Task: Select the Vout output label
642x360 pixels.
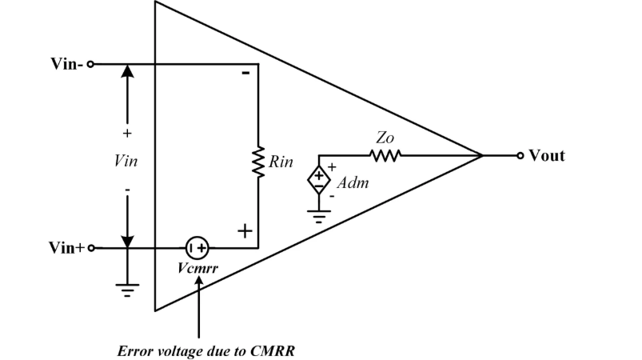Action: [x=547, y=155]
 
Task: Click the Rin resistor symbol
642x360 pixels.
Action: [x=258, y=162]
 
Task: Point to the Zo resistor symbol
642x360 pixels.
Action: [x=385, y=155]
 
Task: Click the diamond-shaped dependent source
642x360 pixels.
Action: [x=319, y=178]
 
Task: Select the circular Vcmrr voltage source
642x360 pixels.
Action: [x=197, y=247]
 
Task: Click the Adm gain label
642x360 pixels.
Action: [x=352, y=183]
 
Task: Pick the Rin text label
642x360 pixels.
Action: [x=281, y=162]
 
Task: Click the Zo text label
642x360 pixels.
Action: [x=385, y=138]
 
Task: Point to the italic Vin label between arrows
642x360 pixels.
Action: [x=127, y=161]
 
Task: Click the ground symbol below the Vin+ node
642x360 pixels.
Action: [x=127, y=289]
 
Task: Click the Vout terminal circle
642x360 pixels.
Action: [x=520, y=155]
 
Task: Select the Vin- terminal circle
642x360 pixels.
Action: [x=90, y=64]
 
